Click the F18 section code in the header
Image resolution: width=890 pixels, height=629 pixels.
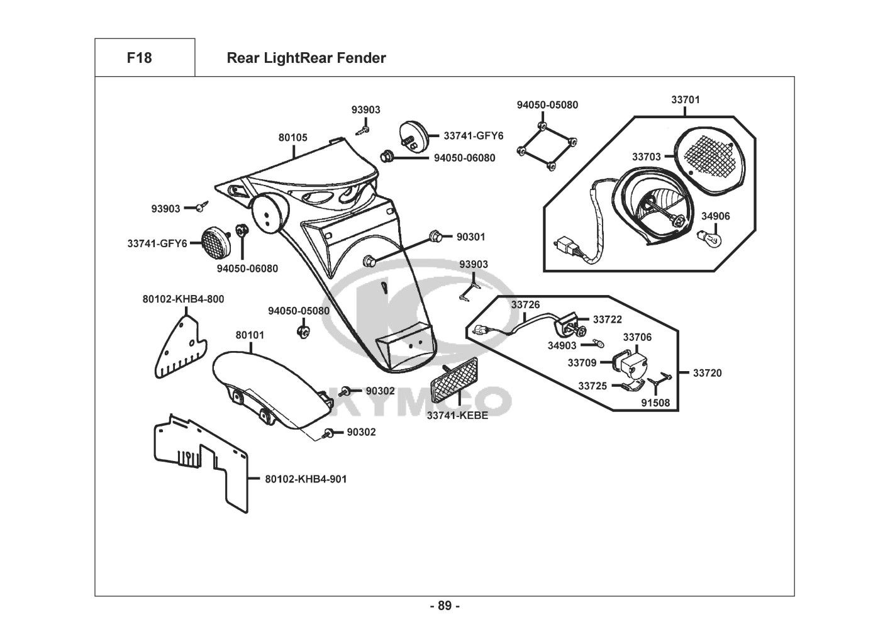click(139, 58)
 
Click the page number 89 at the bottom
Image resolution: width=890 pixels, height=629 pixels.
click(445, 606)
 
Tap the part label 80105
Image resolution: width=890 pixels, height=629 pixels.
click(293, 137)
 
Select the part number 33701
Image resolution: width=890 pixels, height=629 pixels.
click(685, 99)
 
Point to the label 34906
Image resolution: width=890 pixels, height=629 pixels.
click(716, 216)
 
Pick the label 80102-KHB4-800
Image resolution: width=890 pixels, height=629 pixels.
click(183, 299)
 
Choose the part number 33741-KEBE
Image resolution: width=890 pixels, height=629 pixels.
click(457, 415)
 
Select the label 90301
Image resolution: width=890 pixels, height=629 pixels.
click(470, 237)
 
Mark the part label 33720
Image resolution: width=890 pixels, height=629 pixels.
click(708, 373)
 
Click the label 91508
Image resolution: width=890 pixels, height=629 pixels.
click(656, 403)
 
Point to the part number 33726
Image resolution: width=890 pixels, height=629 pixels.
click(525, 305)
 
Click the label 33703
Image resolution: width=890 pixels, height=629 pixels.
click(647, 157)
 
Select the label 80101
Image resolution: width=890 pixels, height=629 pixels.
click(250, 335)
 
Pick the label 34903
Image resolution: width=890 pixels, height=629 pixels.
click(562, 345)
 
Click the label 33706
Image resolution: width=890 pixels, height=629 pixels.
click(637, 337)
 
